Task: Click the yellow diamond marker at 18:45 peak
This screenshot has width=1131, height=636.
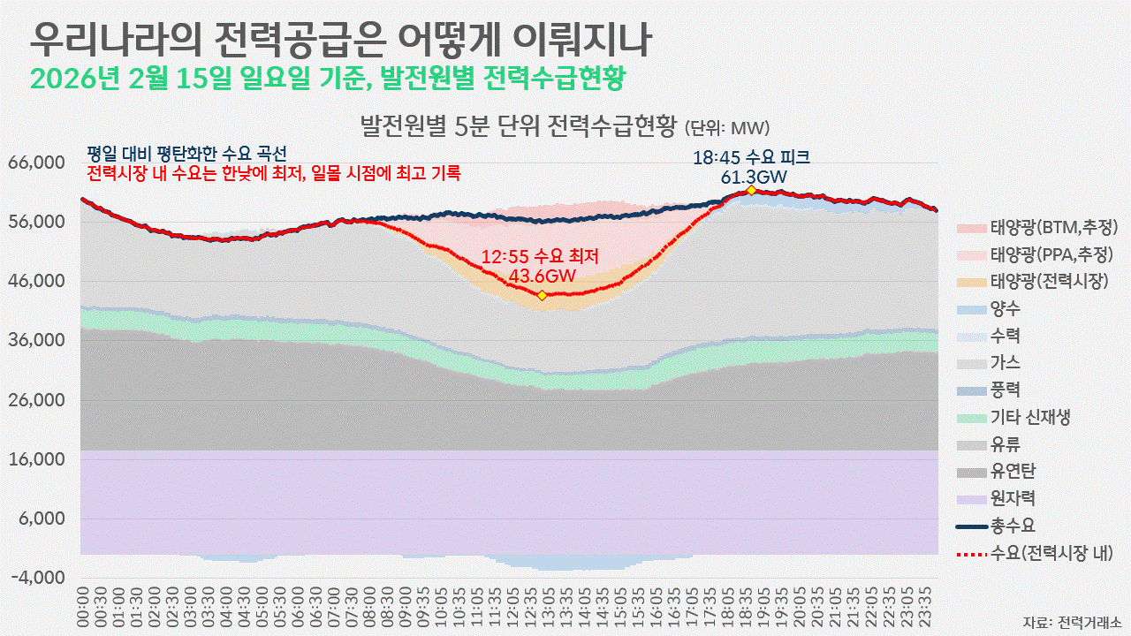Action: [x=751, y=190]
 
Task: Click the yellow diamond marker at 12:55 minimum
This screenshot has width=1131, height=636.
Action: [x=542, y=295]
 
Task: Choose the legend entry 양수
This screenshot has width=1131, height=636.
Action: [x=1006, y=309]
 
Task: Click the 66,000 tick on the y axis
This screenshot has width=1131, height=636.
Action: [x=37, y=163]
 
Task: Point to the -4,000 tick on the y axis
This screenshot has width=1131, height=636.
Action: [x=37, y=578]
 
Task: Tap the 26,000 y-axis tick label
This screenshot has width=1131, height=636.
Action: [x=37, y=400]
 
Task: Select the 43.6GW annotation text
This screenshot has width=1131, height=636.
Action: [x=541, y=276]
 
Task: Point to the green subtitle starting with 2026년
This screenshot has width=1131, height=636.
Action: [x=327, y=78]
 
